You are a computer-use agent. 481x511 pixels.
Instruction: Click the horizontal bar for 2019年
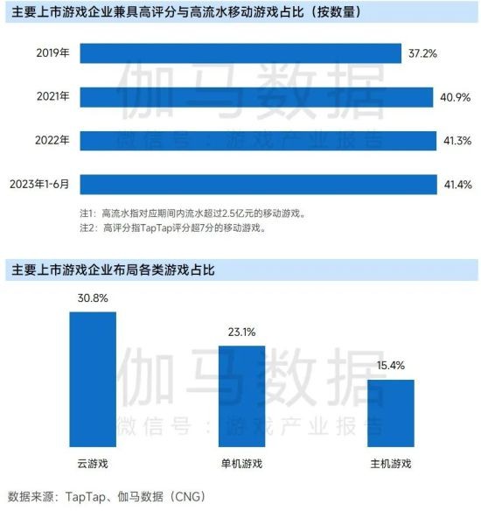(x=240, y=53)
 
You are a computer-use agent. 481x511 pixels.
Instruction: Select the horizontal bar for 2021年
(x=257, y=96)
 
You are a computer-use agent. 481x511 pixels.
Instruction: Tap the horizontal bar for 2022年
(x=259, y=140)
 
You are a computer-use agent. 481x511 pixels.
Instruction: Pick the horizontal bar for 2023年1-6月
(x=259, y=184)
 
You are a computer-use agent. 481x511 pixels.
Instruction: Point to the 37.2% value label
(x=422, y=53)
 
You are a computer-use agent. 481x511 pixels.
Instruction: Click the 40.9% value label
(x=457, y=96)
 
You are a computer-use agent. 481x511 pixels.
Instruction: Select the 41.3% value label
(x=458, y=140)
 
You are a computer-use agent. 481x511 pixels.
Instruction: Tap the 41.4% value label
(x=458, y=184)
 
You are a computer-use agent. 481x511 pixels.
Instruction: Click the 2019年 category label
(x=53, y=53)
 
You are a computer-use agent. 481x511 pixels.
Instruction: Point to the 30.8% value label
(x=93, y=298)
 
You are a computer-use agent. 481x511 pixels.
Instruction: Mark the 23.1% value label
(x=241, y=332)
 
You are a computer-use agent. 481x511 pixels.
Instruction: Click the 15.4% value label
(x=391, y=367)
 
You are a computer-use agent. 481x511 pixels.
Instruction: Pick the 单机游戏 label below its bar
(x=241, y=463)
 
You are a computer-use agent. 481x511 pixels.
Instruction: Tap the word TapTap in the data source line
(x=86, y=495)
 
